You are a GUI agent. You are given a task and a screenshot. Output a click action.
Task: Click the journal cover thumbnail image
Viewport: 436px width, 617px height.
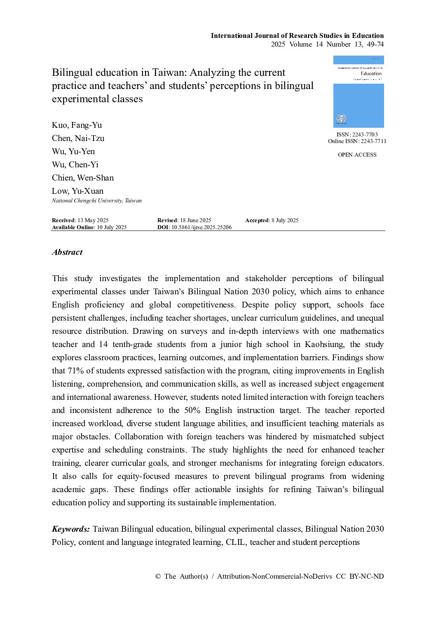coord(359,91)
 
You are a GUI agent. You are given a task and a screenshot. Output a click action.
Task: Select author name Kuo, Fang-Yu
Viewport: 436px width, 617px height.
coord(77,125)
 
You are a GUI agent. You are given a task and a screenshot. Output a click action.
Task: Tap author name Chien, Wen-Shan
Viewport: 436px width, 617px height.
coord(83,178)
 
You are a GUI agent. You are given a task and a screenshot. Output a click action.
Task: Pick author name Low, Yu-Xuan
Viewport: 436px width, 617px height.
coord(77,191)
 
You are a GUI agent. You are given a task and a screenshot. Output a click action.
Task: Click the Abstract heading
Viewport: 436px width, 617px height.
coord(67,252)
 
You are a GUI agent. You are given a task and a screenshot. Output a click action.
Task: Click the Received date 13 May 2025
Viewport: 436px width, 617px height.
coord(93,221)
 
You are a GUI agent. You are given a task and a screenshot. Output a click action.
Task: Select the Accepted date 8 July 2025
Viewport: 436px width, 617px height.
coord(284,221)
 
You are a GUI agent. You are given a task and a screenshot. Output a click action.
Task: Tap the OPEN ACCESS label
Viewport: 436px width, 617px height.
coord(357,155)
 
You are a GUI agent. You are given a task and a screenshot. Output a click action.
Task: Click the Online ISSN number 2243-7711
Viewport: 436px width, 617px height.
coord(373,141)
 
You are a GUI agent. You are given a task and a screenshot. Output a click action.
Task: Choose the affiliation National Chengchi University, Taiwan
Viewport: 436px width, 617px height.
coord(97,201)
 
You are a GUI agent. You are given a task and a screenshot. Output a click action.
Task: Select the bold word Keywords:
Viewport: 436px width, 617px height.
coord(71,529)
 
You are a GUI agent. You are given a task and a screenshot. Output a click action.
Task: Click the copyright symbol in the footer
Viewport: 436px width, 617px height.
coord(158,577)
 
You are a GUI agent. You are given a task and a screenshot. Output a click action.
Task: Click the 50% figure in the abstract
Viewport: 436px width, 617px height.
coord(192,411)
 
